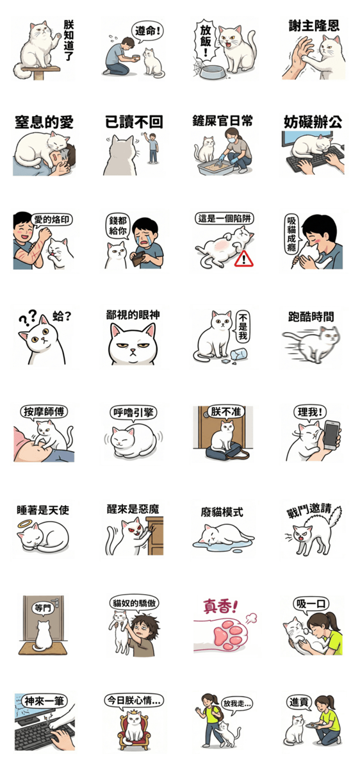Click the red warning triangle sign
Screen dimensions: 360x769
coord(243,259)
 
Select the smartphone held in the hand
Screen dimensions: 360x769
coord(331,435)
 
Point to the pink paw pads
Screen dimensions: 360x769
coord(228,634)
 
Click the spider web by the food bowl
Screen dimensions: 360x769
coord(199,69)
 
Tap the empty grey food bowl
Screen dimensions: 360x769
coord(213,72)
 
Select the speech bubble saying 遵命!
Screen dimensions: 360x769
coord(147,32)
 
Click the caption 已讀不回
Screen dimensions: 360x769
coord(134,122)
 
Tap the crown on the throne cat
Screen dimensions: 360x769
coord(134,713)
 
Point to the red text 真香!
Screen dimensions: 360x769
coord(220,606)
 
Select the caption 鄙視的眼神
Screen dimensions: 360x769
coord(133,315)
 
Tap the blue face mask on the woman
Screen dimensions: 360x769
coord(231,140)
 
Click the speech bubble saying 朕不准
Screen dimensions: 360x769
coord(225,411)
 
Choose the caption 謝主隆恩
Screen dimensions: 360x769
coord(314,26)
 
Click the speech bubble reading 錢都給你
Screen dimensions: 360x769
coord(118,227)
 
